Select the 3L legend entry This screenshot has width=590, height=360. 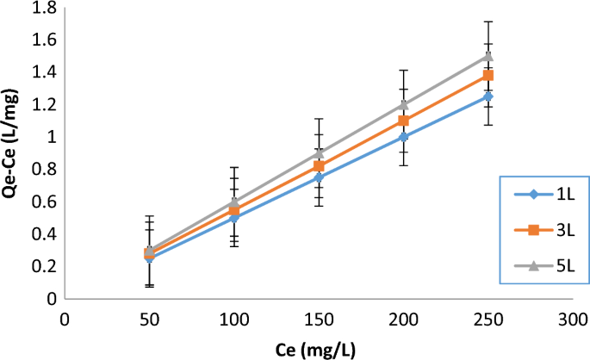click(543, 230)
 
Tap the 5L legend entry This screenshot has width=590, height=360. click(543, 266)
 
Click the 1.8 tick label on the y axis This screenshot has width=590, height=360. click(43, 8)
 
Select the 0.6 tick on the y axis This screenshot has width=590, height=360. click(43, 202)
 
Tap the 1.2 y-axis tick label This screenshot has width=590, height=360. click(43, 104)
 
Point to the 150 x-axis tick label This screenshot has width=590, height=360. click(319, 319)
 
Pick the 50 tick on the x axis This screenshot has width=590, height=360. click(150, 319)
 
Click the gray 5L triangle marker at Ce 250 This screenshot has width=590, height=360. click(488, 56)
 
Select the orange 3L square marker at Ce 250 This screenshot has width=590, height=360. click(488, 76)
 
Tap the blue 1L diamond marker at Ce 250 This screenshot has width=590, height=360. click(488, 96)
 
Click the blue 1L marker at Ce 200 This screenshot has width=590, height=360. click(403, 137)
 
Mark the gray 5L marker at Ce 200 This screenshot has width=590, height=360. click(403, 104)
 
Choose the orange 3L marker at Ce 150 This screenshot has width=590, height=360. click(319, 165)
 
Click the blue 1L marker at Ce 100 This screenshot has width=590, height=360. click(234, 218)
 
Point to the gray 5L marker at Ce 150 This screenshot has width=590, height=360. click(319, 152)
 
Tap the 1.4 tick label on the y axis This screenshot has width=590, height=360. click(43, 72)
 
